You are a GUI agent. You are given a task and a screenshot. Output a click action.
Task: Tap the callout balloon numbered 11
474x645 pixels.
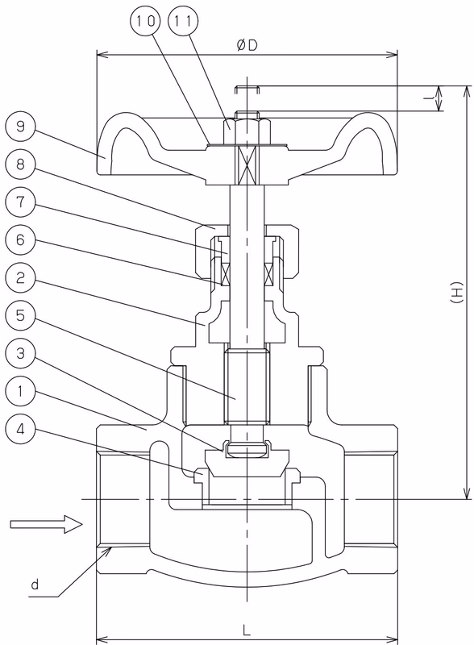(x=183, y=21)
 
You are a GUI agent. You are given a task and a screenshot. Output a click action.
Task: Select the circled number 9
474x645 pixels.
(x=21, y=126)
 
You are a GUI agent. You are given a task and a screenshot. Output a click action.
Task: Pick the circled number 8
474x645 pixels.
(x=21, y=164)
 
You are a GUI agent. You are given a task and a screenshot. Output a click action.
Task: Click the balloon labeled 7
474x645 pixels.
(x=21, y=202)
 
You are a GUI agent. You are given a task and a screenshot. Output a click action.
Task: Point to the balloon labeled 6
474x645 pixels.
(x=21, y=239)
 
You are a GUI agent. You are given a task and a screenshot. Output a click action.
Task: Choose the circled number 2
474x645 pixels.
(x=21, y=277)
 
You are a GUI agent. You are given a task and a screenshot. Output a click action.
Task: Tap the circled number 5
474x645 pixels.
(x=21, y=315)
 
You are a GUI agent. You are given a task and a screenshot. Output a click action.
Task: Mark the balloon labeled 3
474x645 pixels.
(x=21, y=353)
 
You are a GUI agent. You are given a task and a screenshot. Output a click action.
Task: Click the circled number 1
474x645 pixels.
(x=21, y=391)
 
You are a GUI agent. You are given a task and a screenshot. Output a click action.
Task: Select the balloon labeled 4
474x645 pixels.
(x=21, y=429)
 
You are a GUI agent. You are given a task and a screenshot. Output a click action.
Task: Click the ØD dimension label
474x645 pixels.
(x=247, y=45)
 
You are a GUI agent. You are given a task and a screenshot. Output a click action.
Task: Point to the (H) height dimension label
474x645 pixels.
(x=456, y=293)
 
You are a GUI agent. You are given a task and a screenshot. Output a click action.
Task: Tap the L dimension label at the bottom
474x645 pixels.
(x=247, y=630)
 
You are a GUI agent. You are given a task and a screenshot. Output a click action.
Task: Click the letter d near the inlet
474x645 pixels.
(x=35, y=584)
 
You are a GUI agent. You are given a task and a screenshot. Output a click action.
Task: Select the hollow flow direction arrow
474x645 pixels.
(x=46, y=524)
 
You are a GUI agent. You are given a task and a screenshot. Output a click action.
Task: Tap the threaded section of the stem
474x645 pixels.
(x=247, y=385)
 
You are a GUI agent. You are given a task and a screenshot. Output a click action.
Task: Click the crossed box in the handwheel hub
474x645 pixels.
(x=247, y=165)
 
